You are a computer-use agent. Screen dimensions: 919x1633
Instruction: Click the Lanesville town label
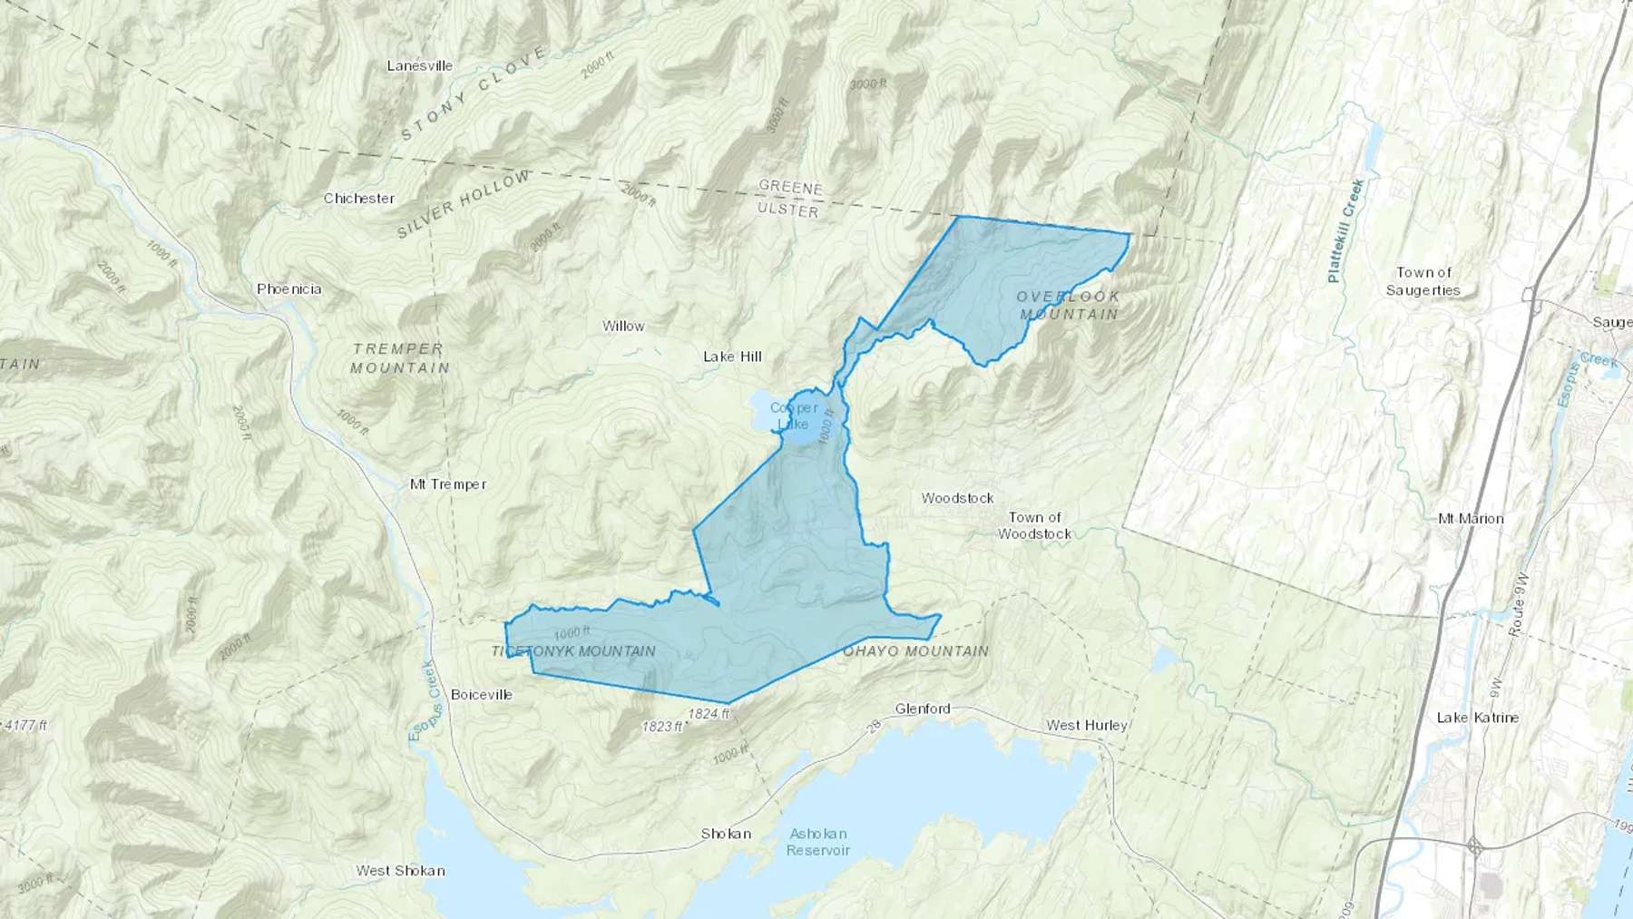[x=419, y=65]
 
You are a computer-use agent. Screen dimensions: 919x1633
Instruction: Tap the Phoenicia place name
[x=288, y=288]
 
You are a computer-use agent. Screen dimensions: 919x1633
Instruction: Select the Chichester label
[x=358, y=198]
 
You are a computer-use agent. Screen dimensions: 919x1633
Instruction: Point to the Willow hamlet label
[x=623, y=326]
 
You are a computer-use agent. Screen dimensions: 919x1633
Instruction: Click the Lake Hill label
[x=732, y=357]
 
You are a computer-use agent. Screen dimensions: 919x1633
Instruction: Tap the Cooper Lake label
[x=793, y=416]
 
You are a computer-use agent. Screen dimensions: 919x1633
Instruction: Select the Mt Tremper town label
[x=448, y=484]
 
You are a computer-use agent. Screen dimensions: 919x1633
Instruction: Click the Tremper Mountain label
[x=399, y=357]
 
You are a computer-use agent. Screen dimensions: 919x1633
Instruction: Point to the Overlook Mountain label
[x=1069, y=305]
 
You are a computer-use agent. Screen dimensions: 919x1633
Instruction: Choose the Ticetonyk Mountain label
[x=573, y=650]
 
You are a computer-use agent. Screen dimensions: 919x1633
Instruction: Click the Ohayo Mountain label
[x=915, y=650]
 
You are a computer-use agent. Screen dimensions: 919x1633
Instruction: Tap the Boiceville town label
[x=482, y=694]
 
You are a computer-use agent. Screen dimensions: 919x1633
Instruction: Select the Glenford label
[x=923, y=709]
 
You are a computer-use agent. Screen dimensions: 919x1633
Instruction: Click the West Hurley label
[x=1086, y=725]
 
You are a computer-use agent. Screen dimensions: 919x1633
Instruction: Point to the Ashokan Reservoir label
[x=818, y=841]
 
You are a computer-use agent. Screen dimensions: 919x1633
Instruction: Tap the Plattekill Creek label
[x=1346, y=230]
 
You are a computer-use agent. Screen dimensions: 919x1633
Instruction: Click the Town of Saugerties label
[x=1423, y=281]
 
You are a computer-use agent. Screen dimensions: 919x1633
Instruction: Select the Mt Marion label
[x=1471, y=519]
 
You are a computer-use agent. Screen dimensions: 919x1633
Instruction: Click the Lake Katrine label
[x=1477, y=717]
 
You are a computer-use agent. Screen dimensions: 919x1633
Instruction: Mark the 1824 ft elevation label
[x=709, y=713]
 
